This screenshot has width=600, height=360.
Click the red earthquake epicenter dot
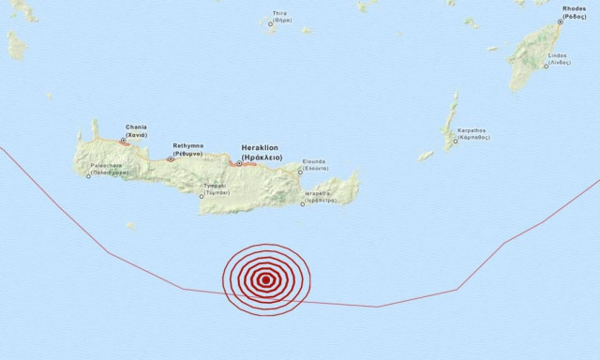click(266, 279)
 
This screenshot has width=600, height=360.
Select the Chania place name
click(136, 130)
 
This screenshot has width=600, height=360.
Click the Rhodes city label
click(574, 11)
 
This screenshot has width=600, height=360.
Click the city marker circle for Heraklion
click(240, 164)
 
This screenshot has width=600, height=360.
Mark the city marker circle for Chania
click(124, 142)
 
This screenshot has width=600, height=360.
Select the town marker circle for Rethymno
click(171, 159)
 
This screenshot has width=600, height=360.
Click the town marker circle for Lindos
click(546, 66)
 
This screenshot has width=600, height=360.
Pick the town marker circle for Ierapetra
click(302, 202)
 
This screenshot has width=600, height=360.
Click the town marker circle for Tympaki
click(202, 197)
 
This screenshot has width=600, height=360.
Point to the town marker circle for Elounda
click(301, 172)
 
